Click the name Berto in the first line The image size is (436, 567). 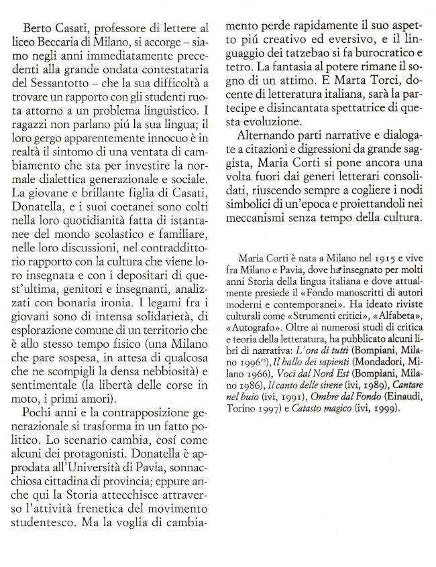click(x=38, y=29)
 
